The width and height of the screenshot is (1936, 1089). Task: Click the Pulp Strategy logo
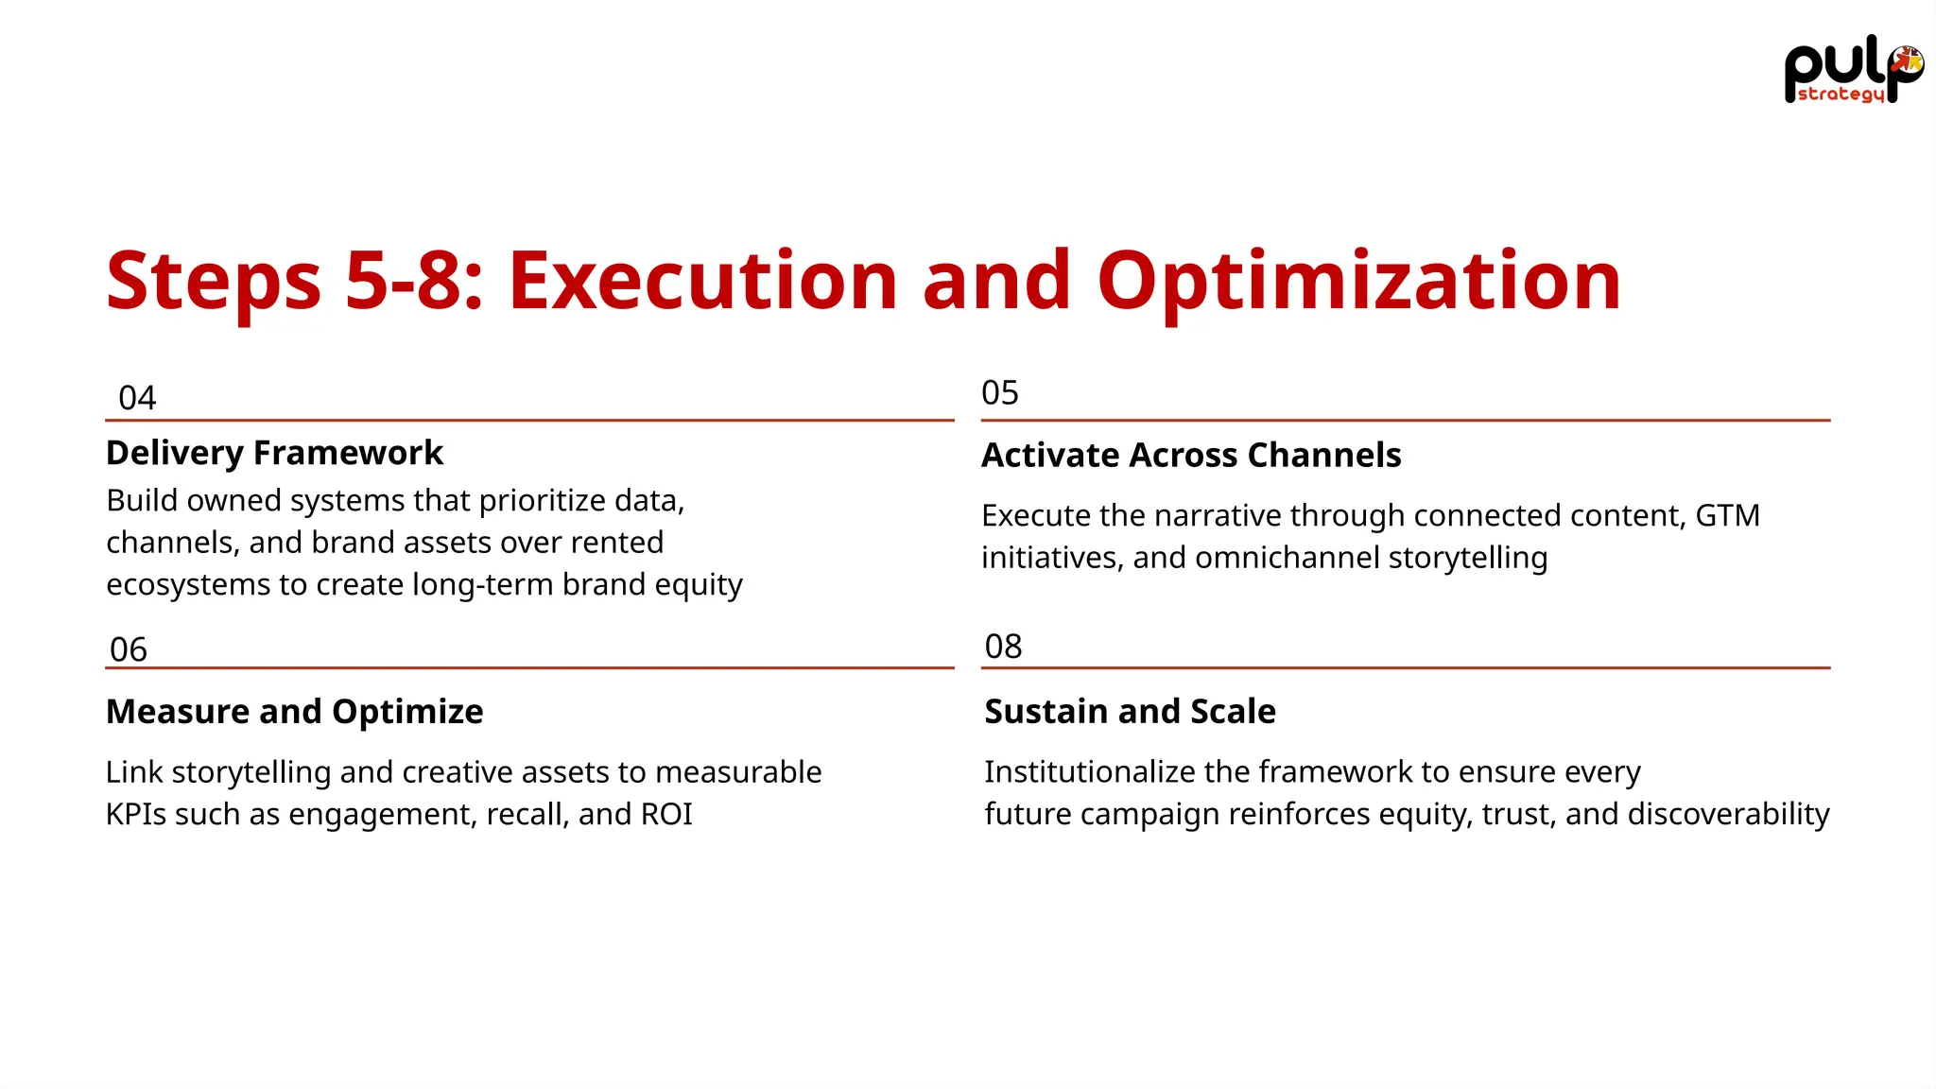(x=1852, y=74)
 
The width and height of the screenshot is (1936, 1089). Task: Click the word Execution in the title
(x=702, y=281)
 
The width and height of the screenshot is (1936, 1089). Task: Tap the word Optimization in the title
(x=1358, y=283)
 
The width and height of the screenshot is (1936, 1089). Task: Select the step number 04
(x=137, y=398)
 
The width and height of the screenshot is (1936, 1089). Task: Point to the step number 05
(x=1000, y=392)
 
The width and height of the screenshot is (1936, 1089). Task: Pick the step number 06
(x=129, y=649)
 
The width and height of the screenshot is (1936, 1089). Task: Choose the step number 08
(x=1003, y=647)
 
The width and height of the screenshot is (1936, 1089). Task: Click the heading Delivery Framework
(x=274, y=453)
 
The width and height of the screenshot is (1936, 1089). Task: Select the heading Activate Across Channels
(x=1191, y=455)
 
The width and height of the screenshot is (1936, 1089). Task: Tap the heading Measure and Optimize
(x=294, y=711)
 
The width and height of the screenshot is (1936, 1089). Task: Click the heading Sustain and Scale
(x=1130, y=711)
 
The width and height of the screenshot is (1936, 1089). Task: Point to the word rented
(x=620, y=543)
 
